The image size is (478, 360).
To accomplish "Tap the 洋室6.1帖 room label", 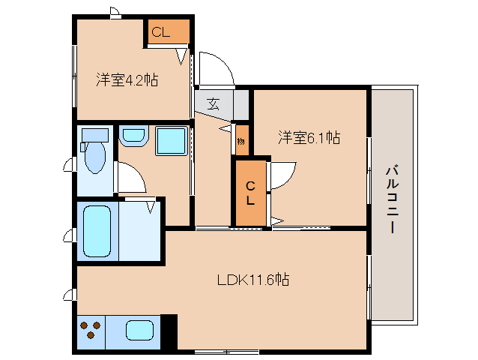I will (x=309, y=137).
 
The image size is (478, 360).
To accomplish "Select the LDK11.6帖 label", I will (x=253, y=280).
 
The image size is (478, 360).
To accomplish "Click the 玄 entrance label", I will (x=213, y=104).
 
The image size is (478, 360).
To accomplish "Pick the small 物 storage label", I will (x=241, y=141).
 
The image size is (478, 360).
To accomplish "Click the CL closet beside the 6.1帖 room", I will (x=251, y=193).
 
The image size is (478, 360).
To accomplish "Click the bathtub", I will (x=97, y=231).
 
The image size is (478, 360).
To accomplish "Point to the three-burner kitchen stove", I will (x=91, y=329).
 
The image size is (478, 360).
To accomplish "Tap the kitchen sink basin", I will (x=140, y=329).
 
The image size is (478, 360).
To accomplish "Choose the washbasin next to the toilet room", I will (x=133, y=136).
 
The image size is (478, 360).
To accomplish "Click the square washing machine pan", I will (x=171, y=140).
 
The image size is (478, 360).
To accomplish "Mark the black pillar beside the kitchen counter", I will (x=169, y=331).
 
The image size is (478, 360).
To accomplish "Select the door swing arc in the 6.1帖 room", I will (x=281, y=177).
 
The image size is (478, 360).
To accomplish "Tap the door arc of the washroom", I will (x=129, y=179).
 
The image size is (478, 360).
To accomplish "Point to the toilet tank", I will (x=95, y=134).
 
